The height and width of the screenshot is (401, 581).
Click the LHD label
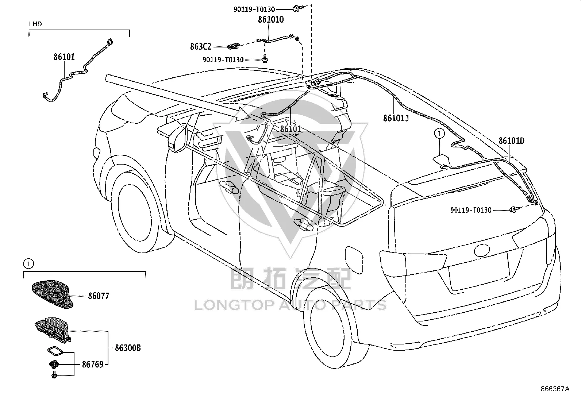click(35, 24)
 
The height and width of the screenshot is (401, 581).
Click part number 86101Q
click(271, 19)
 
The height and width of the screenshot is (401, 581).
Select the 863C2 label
click(200, 47)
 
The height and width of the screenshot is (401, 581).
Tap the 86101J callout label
click(396, 118)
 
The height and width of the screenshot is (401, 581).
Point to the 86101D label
click(511, 141)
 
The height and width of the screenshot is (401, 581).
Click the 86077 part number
click(99, 296)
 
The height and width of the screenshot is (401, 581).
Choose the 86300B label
click(128, 348)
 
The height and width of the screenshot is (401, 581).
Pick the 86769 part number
click(93, 365)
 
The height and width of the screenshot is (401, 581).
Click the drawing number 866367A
click(555, 389)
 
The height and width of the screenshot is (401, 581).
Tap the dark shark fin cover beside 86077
click(53, 294)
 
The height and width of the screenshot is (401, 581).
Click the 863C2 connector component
click(233, 46)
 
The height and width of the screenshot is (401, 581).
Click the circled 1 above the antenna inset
click(28, 264)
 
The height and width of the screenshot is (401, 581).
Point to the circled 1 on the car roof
click(439, 134)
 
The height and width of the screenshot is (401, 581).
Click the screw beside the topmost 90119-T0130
click(297, 9)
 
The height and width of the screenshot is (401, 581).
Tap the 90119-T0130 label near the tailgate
click(471, 210)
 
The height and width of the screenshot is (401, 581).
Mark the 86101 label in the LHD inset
click(64, 57)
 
